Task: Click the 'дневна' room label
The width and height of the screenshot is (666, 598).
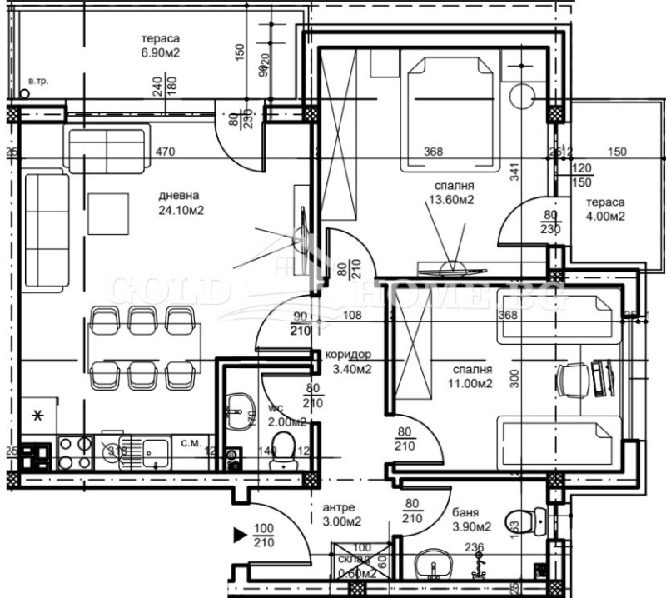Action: pyautogui.click(x=181, y=197)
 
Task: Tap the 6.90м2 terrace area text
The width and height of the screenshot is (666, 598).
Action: pyautogui.click(x=162, y=52)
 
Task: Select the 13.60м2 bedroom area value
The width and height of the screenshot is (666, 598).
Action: pyautogui.click(x=453, y=200)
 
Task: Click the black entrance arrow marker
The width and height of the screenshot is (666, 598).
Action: pyautogui.click(x=240, y=533)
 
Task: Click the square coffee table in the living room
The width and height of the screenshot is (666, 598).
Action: pyautogui.click(x=109, y=213)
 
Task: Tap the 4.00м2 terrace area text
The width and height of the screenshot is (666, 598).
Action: pyautogui.click(x=605, y=217)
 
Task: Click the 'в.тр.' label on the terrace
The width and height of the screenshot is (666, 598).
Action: pyautogui.click(x=37, y=81)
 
